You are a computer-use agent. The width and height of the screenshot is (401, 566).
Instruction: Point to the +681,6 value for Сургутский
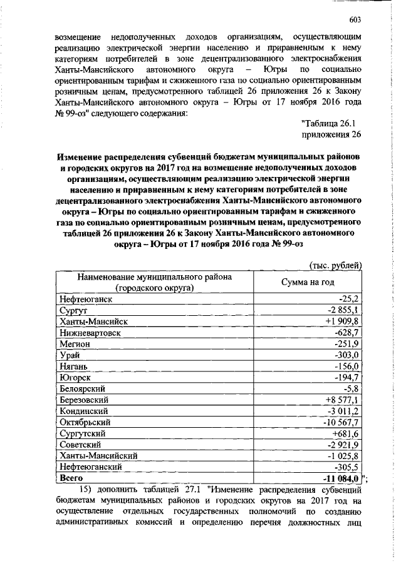(x=344, y=433)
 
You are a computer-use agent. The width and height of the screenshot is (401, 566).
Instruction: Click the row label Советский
(x=81, y=445)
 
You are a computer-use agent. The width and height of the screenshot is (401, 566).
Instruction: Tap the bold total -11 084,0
(x=340, y=478)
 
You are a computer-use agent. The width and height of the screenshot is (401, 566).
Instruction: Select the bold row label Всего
(x=70, y=478)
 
